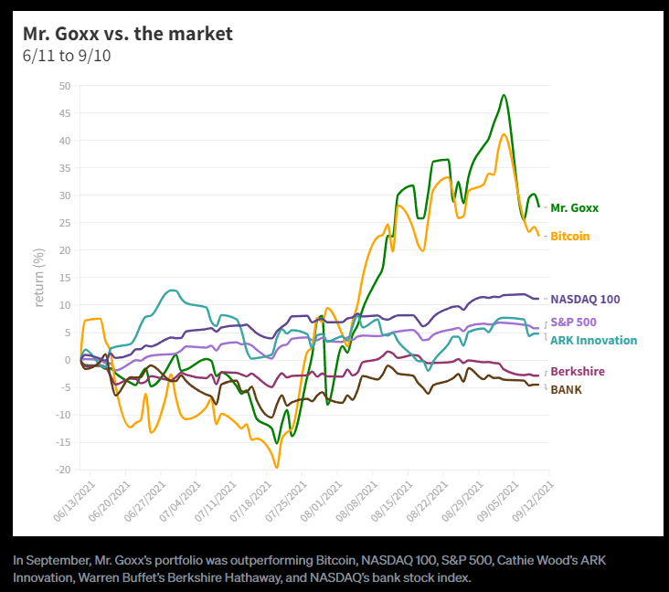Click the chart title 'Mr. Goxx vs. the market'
[128, 34]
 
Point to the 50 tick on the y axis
[65, 86]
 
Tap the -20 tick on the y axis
[63, 470]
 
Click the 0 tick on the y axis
[68, 360]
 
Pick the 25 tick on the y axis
[65, 223]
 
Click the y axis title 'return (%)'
[39, 277]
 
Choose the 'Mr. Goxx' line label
[575, 207]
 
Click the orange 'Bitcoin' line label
[570, 236]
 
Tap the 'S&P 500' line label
[574, 322]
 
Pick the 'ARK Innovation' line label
[593, 340]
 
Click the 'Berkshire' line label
[577, 372]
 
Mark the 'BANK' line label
[567, 390]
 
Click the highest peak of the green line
[504, 95]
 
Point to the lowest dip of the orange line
[277, 467]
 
